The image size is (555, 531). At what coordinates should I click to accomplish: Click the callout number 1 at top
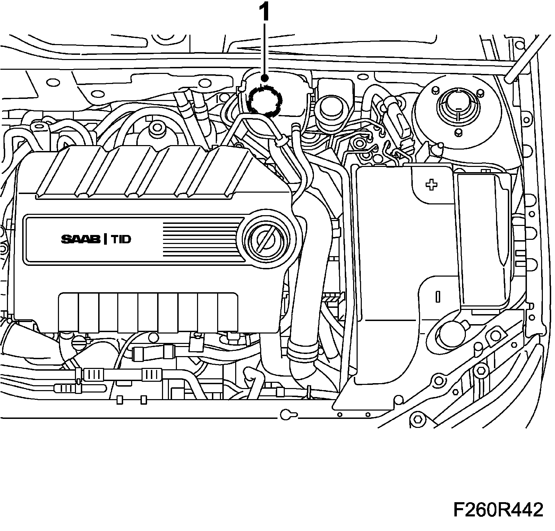265,13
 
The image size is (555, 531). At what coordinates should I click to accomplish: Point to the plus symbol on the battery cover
431,185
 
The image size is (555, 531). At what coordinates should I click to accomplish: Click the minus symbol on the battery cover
438,296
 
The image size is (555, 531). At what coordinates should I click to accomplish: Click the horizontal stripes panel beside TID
203,239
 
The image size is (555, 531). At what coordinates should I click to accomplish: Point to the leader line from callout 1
265,52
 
